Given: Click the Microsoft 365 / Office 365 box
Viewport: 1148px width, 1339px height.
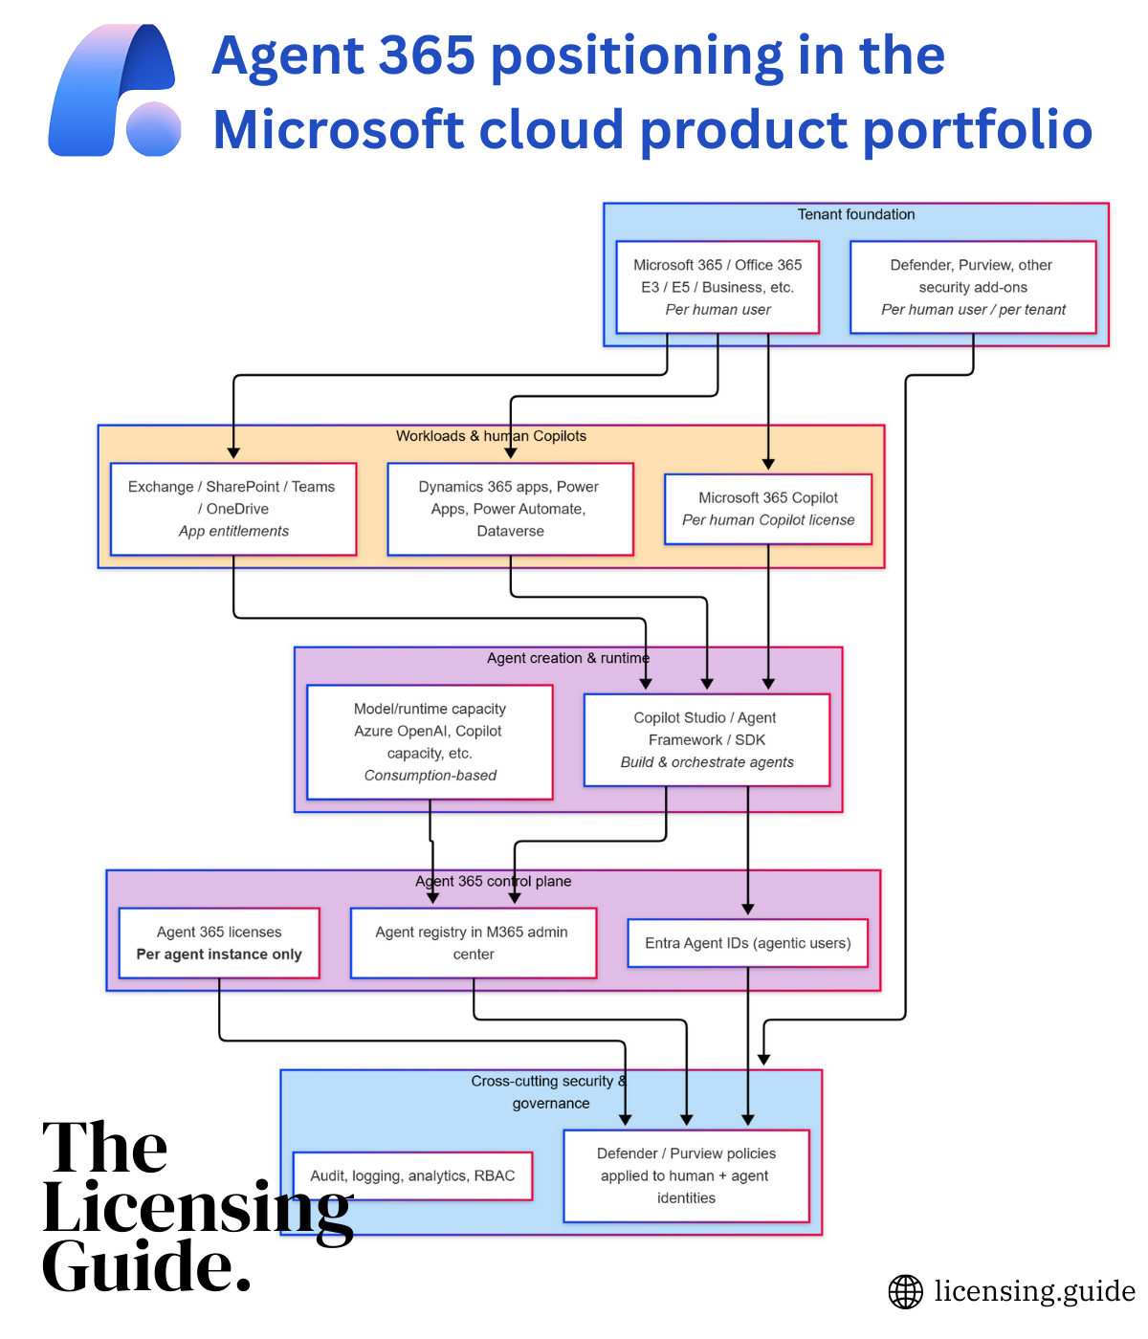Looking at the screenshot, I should [717, 287].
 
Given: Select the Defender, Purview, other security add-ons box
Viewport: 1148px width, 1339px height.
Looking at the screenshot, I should [973, 287].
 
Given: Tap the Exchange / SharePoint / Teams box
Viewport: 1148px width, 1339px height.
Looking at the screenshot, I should [233, 509].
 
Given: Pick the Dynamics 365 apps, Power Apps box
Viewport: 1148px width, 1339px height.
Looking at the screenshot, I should [510, 509].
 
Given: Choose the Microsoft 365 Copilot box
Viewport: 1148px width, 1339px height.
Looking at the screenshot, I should [768, 509].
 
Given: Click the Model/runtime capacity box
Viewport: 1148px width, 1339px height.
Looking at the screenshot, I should [430, 742].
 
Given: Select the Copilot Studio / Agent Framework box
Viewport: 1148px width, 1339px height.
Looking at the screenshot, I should [706, 740].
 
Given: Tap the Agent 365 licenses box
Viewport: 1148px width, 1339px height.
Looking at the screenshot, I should [219, 943].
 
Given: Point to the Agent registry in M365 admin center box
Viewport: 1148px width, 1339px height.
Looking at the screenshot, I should [474, 943].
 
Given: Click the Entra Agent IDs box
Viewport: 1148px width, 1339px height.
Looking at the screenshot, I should [747, 943].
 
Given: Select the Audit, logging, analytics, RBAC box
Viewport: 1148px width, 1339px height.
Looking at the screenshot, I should [412, 1175].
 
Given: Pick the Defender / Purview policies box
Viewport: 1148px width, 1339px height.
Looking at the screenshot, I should [686, 1175].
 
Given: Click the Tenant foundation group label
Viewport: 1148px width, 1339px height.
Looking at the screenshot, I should [856, 214].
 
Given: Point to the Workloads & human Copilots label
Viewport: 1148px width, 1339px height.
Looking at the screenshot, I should [491, 436].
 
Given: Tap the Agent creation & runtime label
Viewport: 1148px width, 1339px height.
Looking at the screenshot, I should [567, 658].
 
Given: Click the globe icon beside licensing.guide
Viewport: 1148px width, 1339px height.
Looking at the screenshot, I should [905, 1291].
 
